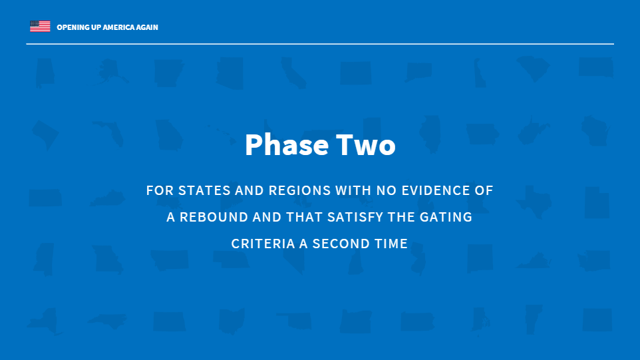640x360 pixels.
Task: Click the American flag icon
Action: [40, 26]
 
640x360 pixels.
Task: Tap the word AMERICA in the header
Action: [118, 27]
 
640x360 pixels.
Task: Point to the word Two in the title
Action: [366, 145]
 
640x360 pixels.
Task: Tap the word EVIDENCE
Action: [434, 190]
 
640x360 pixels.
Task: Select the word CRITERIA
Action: [263, 244]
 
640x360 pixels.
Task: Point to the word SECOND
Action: [339, 244]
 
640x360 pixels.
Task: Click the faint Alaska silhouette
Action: [111, 71]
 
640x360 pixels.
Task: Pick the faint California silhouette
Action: [293, 73]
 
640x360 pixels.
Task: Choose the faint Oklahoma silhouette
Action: [295, 321]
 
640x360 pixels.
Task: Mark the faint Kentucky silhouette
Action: [107, 198]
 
